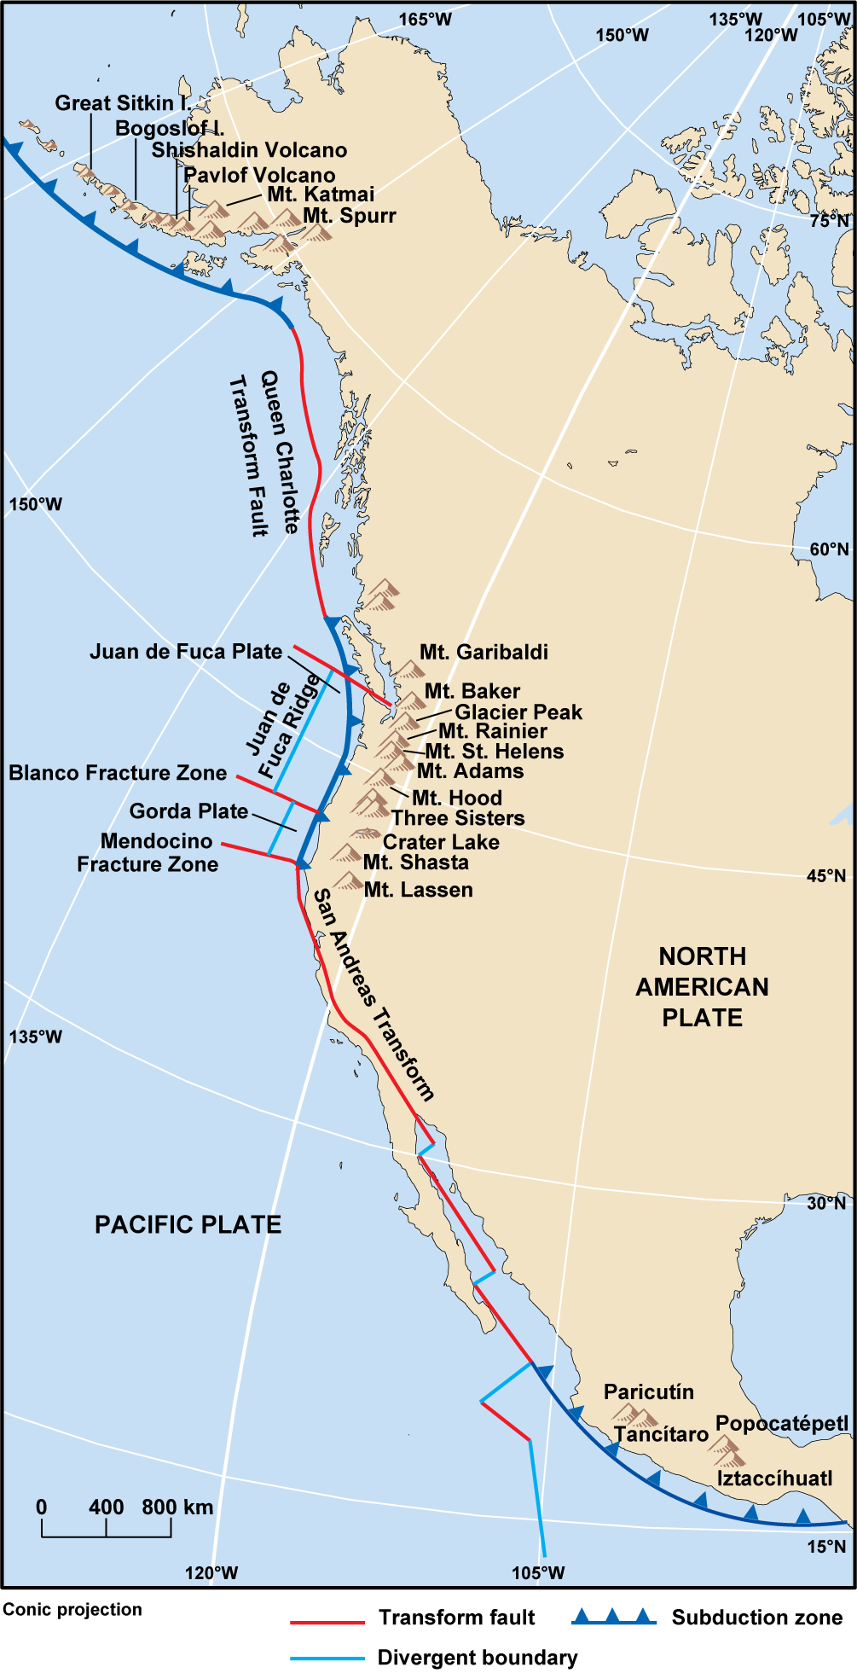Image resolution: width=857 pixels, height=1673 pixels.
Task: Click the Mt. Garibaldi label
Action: coord(484,653)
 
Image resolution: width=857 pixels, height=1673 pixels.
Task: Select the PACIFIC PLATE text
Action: coord(188,1225)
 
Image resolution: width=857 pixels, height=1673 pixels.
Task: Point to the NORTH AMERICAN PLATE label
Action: coord(702,987)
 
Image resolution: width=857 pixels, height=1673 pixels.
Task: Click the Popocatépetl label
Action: coord(782,1424)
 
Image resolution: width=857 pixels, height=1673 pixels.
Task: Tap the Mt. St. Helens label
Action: coord(495,752)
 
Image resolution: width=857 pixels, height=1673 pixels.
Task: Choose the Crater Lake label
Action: coord(441,842)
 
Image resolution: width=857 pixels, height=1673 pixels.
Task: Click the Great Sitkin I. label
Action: coord(123,103)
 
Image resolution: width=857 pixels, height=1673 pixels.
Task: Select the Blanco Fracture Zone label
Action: coord(118,773)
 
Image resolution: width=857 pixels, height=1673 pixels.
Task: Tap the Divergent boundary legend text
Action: coord(478,1658)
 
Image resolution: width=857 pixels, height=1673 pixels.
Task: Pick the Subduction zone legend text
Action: coord(756,1618)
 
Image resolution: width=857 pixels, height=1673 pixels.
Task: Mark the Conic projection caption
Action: coord(72,1610)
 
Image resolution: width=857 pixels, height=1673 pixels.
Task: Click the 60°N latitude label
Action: coord(829,549)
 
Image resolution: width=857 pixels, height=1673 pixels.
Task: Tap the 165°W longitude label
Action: coord(426,19)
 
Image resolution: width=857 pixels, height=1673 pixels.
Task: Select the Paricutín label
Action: coord(648,1392)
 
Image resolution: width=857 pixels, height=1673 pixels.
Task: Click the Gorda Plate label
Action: coord(188,811)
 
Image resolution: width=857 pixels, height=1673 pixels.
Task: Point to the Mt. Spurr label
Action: coord(350,216)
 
